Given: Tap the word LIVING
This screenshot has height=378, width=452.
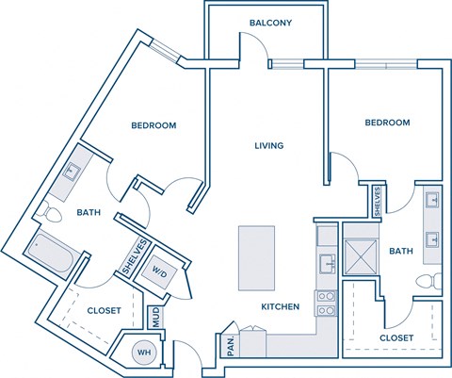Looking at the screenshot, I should pyautogui.click(x=268, y=145).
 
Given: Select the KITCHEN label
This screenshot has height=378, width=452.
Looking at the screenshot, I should pyautogui.click(x=280, y=306).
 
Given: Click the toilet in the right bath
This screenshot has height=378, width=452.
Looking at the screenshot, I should pyautogui.click(x=428, y=282).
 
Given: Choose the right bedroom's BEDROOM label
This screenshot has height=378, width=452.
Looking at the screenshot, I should pyautogui.click(x=387, y=123).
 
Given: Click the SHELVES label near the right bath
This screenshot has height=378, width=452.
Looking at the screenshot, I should pyautogui.click(x=377, y=202).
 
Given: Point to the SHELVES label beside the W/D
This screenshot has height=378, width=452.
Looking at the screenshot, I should pyautogui.click(x=133, y=260).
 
